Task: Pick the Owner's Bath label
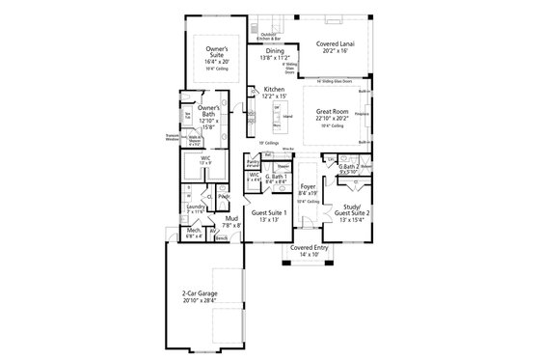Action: coord(208,111)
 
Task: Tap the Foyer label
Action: coord(308,187)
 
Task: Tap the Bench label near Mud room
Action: coord(222,237)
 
